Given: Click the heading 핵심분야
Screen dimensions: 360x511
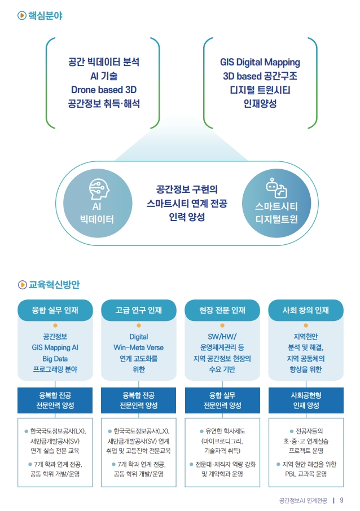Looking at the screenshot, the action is [45, 15].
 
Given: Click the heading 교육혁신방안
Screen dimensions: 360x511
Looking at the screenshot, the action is [54, 284].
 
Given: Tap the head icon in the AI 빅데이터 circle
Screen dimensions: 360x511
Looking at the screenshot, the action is [99, 189].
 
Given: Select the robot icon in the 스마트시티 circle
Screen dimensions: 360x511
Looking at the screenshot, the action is [276, 188].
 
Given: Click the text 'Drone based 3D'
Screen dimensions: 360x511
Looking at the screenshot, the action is [104, 90].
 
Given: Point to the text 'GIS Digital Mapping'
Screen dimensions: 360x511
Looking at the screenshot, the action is [260, 62].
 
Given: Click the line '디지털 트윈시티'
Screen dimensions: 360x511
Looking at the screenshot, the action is [260, 90].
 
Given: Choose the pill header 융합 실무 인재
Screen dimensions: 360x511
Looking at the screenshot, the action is [55, 310].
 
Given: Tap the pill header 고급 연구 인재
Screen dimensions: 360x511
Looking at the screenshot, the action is [139, 310].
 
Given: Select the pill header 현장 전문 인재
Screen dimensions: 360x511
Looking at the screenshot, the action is [222, 310].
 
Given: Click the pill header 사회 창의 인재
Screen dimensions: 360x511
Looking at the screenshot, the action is [306, 310].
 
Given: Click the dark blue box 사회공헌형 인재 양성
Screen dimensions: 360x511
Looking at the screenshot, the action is [306, 400].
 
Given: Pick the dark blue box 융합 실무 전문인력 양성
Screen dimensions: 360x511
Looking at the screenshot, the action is [222, 400].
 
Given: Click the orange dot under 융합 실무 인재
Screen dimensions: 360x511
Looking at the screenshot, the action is [55, 325].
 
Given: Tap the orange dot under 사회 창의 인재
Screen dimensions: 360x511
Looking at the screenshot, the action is [306, 325].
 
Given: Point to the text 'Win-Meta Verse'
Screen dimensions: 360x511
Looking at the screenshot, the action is [139, 347].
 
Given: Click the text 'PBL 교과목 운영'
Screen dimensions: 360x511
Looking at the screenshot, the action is [306, 474].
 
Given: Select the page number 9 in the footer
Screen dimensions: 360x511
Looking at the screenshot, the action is [341, 500].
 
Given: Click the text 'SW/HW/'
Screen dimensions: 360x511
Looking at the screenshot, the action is [222, 337].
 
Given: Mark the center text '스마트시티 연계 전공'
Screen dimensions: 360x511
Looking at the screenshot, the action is [187, 204].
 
